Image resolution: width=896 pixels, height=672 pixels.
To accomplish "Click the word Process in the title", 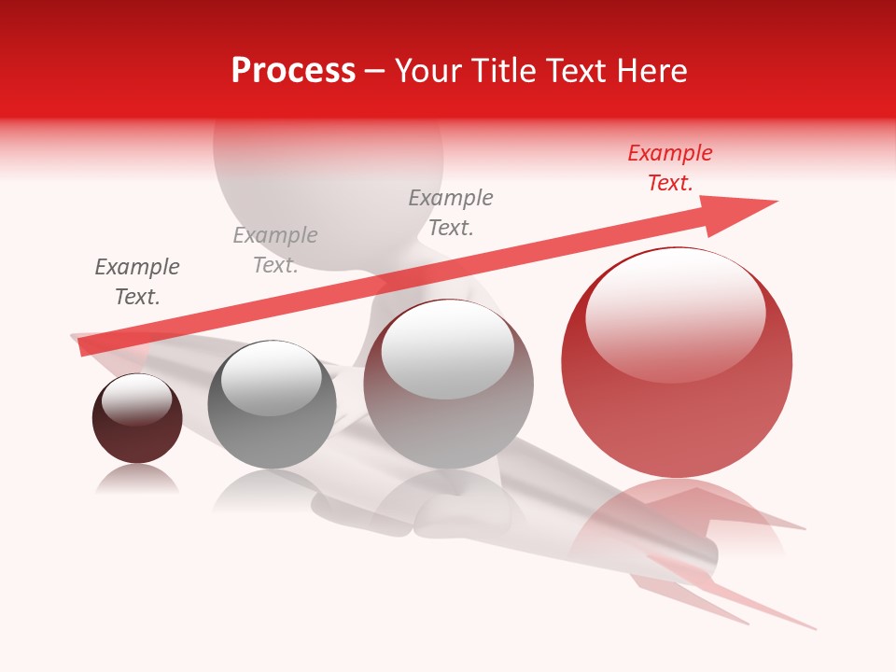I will point(293,71).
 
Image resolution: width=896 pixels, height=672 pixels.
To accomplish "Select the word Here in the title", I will point(651,71).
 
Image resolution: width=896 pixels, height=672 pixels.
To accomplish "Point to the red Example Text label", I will point(670,168).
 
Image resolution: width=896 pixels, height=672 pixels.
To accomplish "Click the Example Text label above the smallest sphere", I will point(137,282).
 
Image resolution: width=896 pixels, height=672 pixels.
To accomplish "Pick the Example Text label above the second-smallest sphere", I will point(275,250).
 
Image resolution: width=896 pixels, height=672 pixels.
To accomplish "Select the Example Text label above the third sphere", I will point(451,213).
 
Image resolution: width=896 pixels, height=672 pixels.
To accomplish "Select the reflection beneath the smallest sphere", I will point(137,480).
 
